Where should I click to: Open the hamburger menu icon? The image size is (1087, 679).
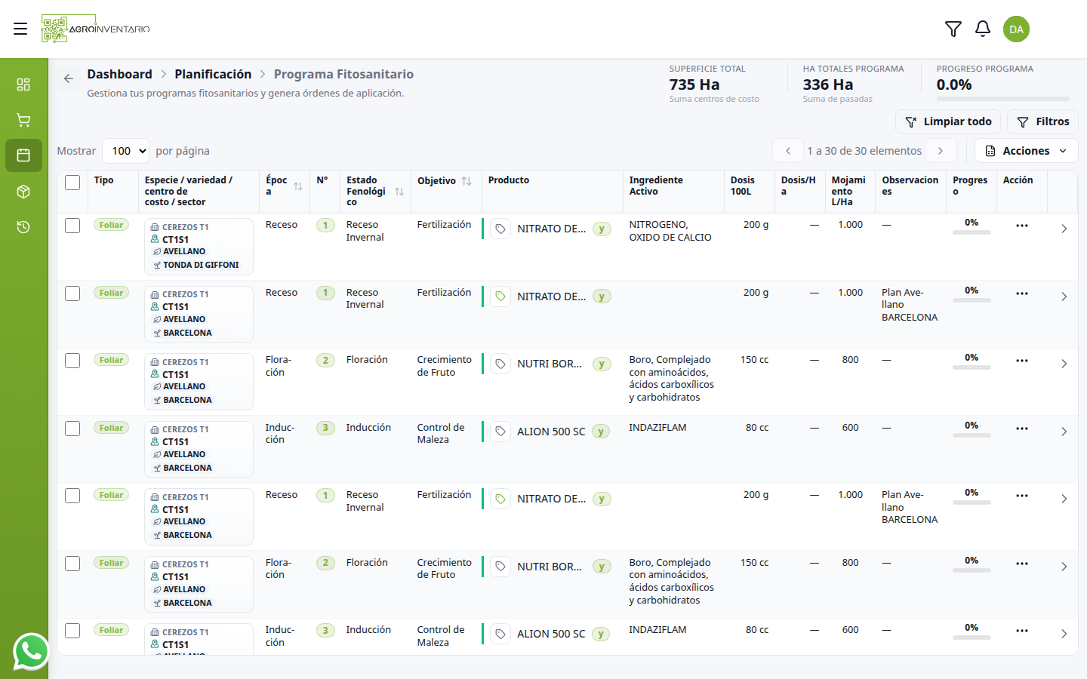point(20,29)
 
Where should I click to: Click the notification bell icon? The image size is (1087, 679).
point(983,29)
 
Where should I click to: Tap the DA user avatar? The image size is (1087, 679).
point(1016,29)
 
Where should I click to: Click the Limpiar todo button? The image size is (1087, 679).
point(948,121)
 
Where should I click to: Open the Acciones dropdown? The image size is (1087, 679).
point(1027,151)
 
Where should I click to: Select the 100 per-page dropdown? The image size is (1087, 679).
point(125,151)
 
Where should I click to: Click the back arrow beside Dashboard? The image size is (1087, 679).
point(69,78)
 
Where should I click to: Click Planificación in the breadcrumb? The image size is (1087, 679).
point(213,74)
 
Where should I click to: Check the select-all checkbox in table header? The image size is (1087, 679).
point(72,183)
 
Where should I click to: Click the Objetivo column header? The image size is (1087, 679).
point(436,180)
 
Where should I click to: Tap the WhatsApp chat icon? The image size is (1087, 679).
point(32,651)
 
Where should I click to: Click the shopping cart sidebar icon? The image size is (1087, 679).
point(23,120)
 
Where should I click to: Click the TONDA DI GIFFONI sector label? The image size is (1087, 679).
point(201,265)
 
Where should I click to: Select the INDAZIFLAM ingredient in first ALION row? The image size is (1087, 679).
point(657,427)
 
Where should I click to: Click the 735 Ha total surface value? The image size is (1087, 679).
point(694,84)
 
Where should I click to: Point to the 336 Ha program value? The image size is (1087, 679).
point(827,84)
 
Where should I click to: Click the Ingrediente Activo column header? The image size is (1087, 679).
point(655,186)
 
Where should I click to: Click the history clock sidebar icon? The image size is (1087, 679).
point(23,227)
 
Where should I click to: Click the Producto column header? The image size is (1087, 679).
point(508,180)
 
